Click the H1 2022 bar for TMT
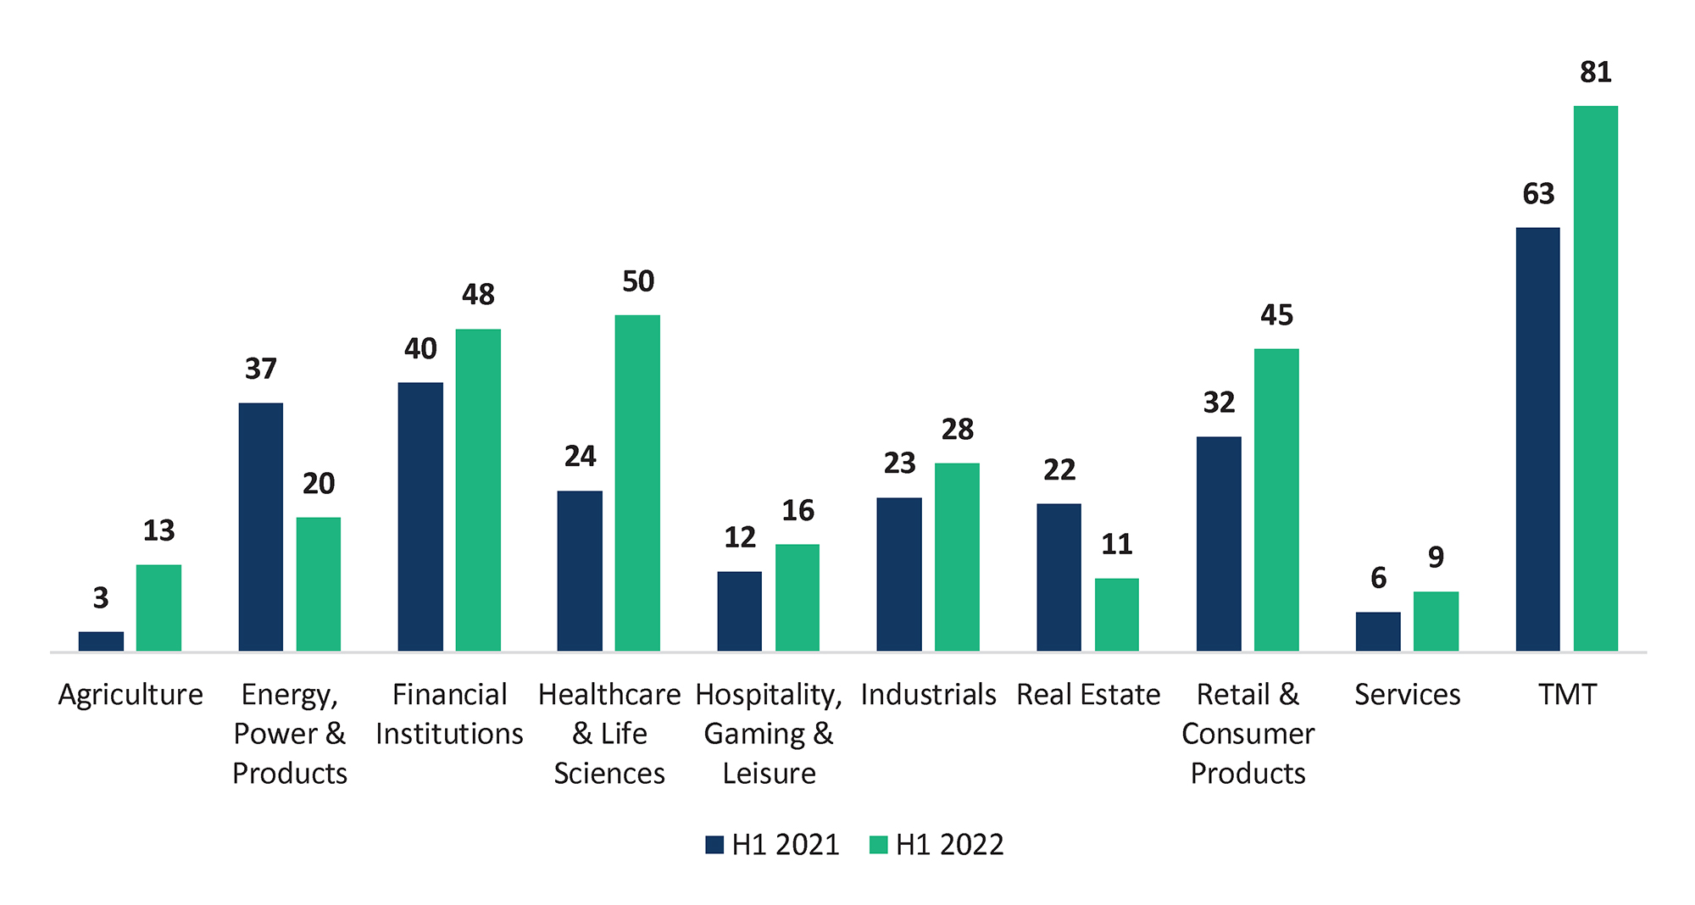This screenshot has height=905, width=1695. pos(1595,378)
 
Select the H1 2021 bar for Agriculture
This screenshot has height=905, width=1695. pos(101,641)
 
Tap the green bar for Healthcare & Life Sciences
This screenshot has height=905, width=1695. pos(637,483)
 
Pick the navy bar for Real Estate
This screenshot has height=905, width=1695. pos(1059,577)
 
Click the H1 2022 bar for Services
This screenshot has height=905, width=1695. pos(1436,621)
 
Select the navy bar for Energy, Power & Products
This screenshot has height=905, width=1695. pos(261,527)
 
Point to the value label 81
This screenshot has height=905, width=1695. pos(1595,72)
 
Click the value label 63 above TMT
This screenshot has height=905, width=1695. pos(1538,194)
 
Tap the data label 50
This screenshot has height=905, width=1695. pos(637,281)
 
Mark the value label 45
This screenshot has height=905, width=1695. pos(1276,315)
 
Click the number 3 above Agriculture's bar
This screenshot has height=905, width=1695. pos(101,598)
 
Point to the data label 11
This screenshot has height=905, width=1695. pos(1116,544)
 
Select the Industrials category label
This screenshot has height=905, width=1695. pos(928,695)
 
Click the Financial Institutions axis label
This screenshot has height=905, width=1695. pos(449,713)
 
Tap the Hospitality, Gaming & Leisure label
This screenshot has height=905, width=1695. pos(769,734)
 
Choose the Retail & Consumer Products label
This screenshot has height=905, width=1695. pos(1248,734)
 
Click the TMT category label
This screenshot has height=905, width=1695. pos(1567,695)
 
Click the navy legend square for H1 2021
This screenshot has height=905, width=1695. pos(714,845)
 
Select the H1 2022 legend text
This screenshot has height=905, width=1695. pos(949,845)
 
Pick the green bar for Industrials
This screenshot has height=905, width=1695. pos(957,557)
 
